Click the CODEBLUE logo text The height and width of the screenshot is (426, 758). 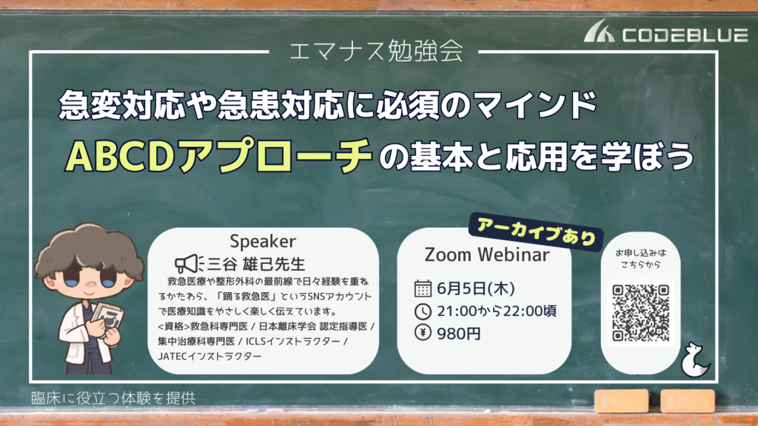tap(685, 35)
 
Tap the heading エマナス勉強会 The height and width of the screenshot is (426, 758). tap(376, 51)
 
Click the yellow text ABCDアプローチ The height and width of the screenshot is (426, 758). tap(218, 155)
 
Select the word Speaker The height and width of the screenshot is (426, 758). tap(263, 241)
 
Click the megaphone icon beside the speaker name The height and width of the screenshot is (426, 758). tap(189, 264)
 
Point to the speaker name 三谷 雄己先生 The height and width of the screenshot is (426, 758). tap(256, 264)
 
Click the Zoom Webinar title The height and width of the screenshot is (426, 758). tap(487, 254)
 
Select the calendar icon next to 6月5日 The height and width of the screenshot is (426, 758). tap(423, 288)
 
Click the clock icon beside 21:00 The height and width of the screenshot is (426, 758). tap(423, 311)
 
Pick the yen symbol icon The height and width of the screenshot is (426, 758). tap(423, 333)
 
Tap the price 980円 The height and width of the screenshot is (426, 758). tap(458, 334)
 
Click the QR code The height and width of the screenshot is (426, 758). tap(640, 313)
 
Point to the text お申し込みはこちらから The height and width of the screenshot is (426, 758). tap(640, 258)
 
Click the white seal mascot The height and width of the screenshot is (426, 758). tap(694, 360)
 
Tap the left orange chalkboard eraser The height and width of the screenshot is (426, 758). tap(621, 401)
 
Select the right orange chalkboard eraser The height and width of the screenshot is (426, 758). tap(688, 401)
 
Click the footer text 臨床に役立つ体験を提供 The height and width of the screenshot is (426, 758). tap(113, 398)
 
